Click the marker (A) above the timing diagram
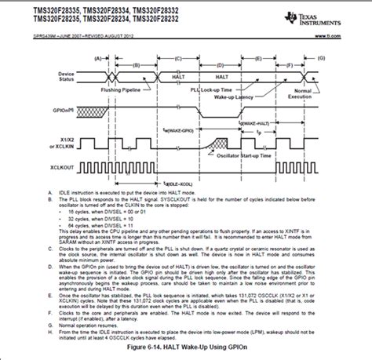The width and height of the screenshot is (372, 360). (x=98, y=57)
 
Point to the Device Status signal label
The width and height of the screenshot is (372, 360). (x=71, y=77)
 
